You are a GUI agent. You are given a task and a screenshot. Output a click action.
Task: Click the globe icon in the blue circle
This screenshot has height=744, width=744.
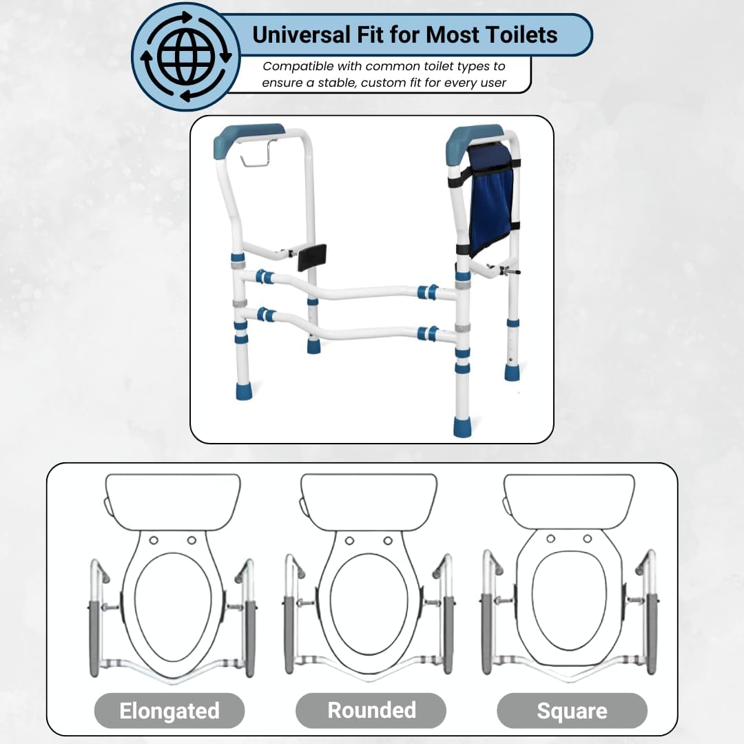coord(186,56)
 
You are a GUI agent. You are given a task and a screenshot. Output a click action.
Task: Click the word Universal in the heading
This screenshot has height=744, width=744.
coord(301,35)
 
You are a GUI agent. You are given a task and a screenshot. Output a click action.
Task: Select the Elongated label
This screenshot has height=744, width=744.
coord(169,711)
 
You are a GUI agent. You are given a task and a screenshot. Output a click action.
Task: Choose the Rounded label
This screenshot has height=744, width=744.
coord(371,710)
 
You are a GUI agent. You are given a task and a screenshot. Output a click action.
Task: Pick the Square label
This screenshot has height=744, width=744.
coord(572,711)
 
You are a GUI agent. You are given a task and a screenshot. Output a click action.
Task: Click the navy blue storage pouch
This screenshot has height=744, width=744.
coord(490,199)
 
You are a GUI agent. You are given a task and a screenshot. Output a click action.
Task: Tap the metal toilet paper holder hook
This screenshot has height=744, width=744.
coord(259,154)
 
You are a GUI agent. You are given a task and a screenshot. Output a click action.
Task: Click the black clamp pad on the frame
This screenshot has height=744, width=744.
coord(312,258)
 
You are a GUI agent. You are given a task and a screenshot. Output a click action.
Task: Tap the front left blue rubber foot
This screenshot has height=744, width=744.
coord(243,391)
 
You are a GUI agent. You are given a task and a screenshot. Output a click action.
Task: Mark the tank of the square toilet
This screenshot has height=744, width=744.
coord(569,502)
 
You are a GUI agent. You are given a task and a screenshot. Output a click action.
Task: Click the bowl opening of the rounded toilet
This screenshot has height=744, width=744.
coord(368,608)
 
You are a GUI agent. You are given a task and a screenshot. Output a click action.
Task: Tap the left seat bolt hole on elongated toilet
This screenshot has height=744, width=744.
coord(153,541)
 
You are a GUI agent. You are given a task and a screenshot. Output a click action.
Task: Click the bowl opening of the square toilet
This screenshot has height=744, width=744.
coord(570,601)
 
